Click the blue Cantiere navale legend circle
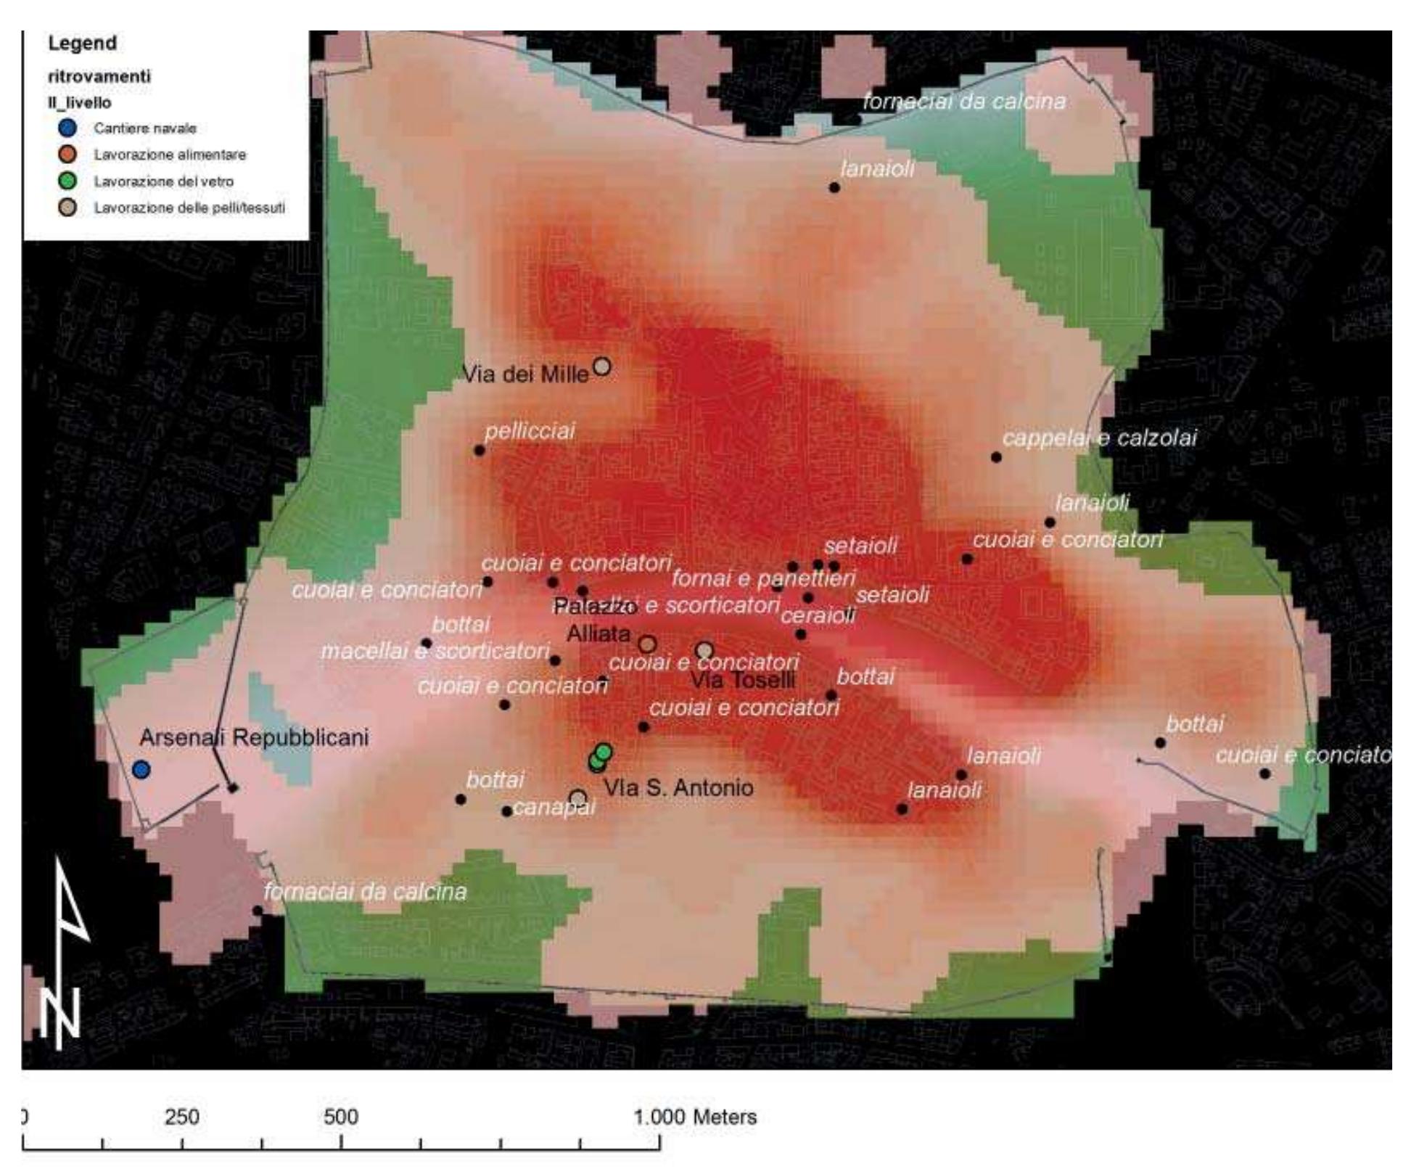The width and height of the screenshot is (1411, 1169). pos(67,128)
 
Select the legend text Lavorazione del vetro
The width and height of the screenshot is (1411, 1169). pos(163,181)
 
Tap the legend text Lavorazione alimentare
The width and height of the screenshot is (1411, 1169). pos(170,155)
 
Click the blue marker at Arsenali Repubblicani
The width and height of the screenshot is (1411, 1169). pos(141,769)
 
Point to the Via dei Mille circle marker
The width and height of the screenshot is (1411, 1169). pos(602,366)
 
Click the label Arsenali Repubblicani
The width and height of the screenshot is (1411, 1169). pos(254,737)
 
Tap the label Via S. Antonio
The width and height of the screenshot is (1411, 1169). pos(678,787)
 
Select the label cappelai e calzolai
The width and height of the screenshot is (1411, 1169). pos(1099,438)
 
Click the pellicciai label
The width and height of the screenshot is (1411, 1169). pos(530,431)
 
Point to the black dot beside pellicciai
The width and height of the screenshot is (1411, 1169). pos(480,451)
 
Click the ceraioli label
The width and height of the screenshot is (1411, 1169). pos(818,616)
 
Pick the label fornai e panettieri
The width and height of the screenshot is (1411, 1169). pos(763,578)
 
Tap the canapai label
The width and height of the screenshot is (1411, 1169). pos(554,807)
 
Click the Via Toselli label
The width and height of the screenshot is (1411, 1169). pos(743,680)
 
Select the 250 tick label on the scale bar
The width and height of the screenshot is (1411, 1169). pos(181,1116)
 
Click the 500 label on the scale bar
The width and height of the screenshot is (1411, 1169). pos(341,1116)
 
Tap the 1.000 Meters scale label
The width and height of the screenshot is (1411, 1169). pos(695,1116)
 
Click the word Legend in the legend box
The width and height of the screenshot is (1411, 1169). pos(82,43)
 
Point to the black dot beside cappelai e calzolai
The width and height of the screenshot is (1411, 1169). pos(996,457)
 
